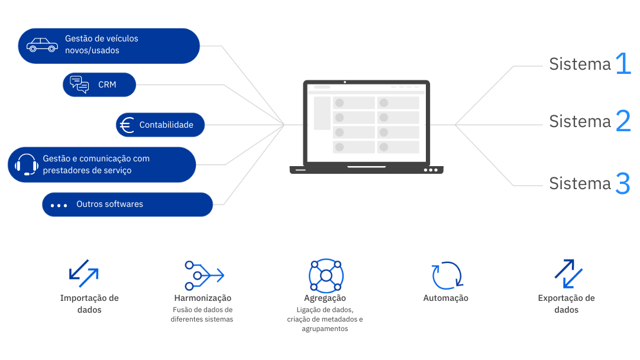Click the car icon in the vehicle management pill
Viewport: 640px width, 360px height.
tap(41, 45)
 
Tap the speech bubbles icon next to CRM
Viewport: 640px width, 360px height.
tap(79, 85)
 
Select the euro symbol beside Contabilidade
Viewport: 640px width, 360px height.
tap(126, 125)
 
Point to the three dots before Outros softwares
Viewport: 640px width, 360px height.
tap(59, 205)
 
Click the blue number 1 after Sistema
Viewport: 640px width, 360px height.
tap(623, 64)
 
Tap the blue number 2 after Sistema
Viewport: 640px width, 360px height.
tap(623, 121)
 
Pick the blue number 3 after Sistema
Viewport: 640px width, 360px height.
tap(623, 183)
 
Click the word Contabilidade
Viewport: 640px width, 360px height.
tap(166, 125)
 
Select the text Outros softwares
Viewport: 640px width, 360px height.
tap(109, 204)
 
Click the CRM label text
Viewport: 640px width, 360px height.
tap(107, 85)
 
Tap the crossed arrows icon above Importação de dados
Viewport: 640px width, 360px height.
tap(85, 273)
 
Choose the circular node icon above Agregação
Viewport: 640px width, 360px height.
tap(326, 275)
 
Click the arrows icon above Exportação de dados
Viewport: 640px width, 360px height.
tap(567, 273)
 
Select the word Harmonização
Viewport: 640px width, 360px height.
tap(203, 298)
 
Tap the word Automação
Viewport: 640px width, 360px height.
tap(445, 298)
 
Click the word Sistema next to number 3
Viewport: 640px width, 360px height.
tap(579, 183)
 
